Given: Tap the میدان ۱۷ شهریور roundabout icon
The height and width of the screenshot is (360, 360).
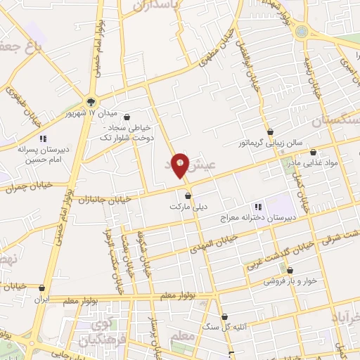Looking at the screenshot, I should [x=91, y=101].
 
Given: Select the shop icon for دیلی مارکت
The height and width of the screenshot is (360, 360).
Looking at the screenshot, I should [x=188, y=195].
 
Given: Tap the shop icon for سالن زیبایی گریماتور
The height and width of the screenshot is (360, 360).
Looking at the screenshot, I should [x=271, y=131].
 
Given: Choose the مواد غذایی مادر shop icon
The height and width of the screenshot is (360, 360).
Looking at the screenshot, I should [x=313, y=152].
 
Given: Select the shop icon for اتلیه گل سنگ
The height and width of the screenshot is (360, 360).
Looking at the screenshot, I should [x=224, y=317].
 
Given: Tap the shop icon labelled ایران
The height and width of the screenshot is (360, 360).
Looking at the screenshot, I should [x=42, y=288].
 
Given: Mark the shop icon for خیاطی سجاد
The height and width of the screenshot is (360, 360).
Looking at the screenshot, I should [x=127, y=117].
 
